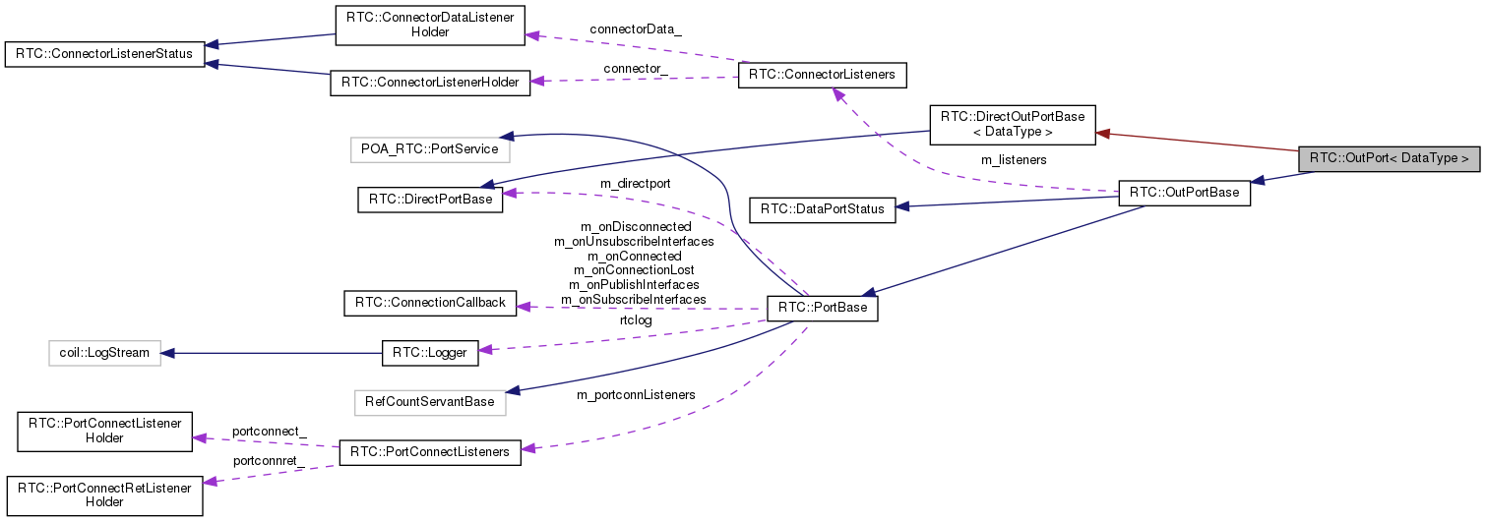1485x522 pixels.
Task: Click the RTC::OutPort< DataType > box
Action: [x=1389, y=157]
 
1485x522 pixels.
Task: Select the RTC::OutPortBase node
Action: [x=1184, y=193]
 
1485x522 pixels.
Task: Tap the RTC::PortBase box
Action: [x=822, y=309]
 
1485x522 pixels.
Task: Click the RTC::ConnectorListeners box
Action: [x=822, y=75]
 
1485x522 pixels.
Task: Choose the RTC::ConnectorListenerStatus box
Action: [x=104, y=53]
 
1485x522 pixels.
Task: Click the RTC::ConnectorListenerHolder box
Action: [x=430, y=83]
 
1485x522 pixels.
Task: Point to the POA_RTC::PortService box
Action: [x=430, y=149]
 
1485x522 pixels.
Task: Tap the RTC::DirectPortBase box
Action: [x=430, y=200]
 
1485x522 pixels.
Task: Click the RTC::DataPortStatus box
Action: [x=822, y=209]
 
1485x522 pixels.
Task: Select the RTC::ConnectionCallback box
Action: [x=430, y=303]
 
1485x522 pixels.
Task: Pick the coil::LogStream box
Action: [x=104, y=352]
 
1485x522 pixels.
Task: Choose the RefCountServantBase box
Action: [x=430, y=401]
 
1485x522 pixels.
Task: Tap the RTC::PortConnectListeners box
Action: [x=430, y=452]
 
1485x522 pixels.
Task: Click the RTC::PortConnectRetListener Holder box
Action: [x=104, y=494]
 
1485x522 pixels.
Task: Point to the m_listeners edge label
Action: [x=1014, y=159]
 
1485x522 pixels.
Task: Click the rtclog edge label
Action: [x=636, y=319]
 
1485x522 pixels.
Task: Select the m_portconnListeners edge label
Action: [x=636, y=395]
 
